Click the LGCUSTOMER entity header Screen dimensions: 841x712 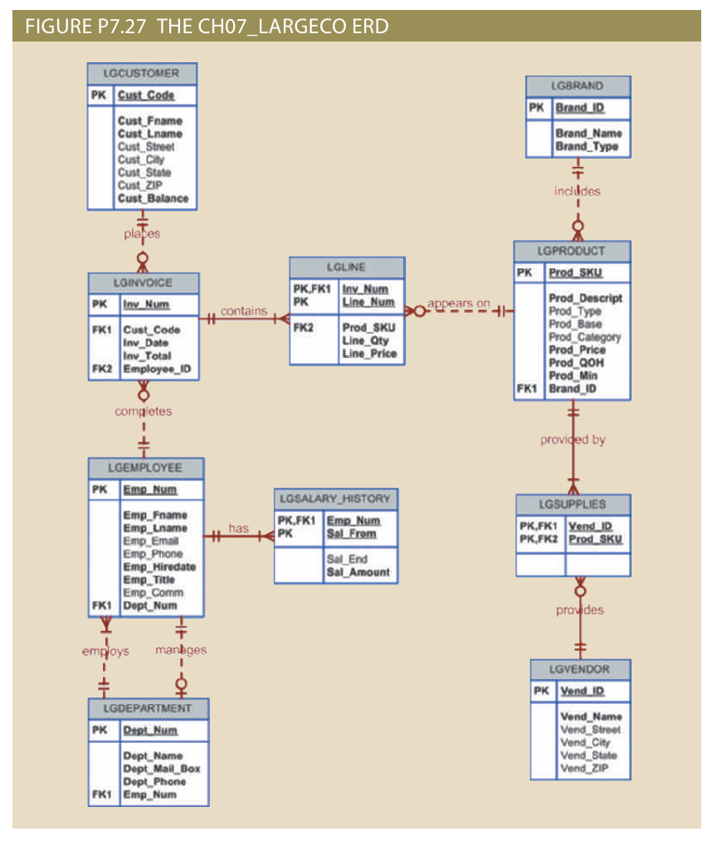(x=142, y=73)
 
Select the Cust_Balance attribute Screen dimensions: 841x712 (x=153, y=198)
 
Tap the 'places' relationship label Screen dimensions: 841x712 (x=142, y=234)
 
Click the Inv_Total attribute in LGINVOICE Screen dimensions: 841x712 (x=147, y=355)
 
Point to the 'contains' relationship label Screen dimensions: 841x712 (x=244, y=311)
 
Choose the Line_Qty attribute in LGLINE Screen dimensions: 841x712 (x=365, y=340)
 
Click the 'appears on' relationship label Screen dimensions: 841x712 (x=458, y=303)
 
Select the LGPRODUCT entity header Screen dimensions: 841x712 (x=571, y=251)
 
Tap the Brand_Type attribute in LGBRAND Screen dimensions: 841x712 (x=587, y=146)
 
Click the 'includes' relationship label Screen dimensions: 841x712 (x=577, y=191)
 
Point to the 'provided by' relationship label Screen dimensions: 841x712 (x=573, y=439)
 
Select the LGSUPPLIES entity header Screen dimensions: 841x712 (x=572, y=504)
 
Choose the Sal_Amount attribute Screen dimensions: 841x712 (x=358, y=572)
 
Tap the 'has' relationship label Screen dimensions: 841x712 (x=238, y=528)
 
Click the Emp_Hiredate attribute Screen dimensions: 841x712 (x=159, y=566)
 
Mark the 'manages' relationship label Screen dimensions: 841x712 (x=181, y=650)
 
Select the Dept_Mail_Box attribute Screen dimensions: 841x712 (x=162, y=769)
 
